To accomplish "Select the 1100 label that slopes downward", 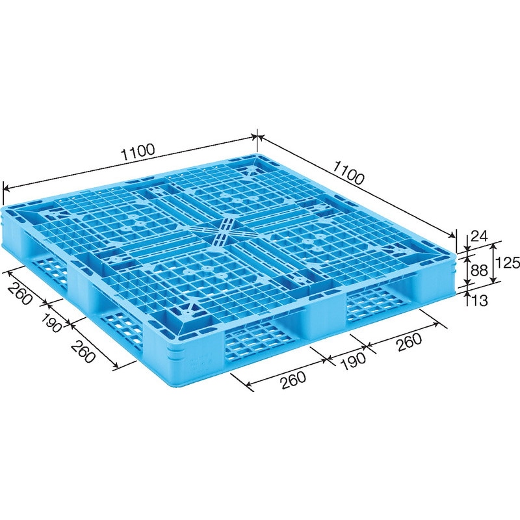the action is [348, 174].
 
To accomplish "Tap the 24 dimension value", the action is [479, 237].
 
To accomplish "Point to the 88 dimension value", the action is [479, 270].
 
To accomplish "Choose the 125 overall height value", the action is [507, 263].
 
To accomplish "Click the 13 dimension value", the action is [479, 300].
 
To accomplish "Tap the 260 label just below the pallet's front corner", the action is [293, 380].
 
